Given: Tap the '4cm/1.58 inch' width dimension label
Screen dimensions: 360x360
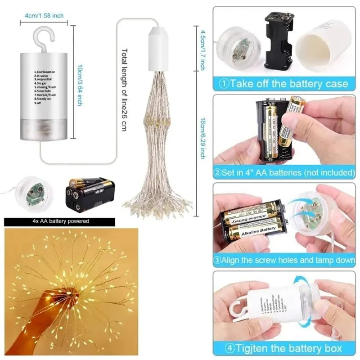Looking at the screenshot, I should coord(44,16).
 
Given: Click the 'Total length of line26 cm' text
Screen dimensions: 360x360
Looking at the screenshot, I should coord(124,90).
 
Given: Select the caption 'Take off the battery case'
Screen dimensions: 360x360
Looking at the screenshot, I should coord(289,84).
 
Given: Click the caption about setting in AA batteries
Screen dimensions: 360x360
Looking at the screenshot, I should coord(289,172).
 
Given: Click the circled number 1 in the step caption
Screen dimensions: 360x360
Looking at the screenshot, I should coord(224,84).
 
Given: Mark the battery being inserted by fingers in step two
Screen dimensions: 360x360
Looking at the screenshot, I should coord(290,121).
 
